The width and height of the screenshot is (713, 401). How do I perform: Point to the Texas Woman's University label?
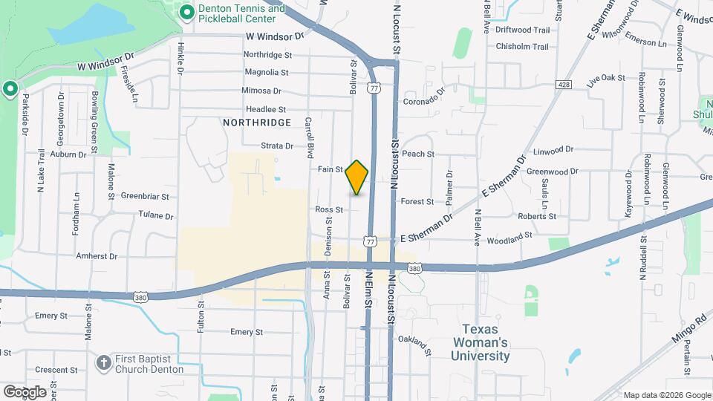(485, 342)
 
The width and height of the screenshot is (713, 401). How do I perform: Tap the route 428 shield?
(565, 85)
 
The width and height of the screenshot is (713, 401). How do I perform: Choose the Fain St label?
(330, 169)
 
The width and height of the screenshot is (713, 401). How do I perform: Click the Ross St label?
(328, 210)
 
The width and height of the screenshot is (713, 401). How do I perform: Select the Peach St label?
(417, 154)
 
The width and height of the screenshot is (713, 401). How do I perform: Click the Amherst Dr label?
(97, 256)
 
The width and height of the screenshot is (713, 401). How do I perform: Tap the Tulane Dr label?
(155, 216)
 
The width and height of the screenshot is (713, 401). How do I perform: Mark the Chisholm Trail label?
(521, 47)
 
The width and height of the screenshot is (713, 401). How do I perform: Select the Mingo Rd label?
(688, 331)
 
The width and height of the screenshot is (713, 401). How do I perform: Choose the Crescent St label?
(56, 370)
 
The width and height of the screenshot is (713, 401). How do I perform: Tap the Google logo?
(25, 392)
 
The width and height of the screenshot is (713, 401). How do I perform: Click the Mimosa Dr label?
(261, 91)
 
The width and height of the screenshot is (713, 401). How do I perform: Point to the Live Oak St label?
(603, 79)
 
